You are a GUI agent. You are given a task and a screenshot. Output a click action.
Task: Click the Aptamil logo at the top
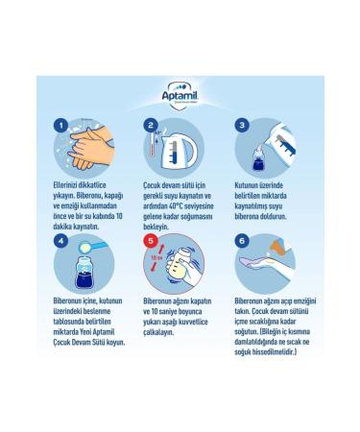(180, 95)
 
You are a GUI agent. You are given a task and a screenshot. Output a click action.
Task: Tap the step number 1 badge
(60, 125)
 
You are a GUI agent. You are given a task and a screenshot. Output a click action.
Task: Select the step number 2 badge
(151, 125)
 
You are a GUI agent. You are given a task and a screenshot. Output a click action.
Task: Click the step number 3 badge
(242, 125)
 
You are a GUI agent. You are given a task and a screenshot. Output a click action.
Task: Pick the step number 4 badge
(60, 241)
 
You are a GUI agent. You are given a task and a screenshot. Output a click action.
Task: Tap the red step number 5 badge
(151, 241)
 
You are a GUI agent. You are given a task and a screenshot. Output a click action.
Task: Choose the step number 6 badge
(242, 241)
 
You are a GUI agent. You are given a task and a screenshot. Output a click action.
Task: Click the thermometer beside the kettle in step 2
(153, 144)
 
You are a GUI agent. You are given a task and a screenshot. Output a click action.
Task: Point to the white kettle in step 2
(179, 151)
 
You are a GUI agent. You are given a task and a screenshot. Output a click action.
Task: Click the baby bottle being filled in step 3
(258, 158)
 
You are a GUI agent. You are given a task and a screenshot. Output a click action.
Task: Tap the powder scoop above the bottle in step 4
(92, 247)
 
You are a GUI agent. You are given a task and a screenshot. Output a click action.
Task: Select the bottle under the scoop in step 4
(84, 272)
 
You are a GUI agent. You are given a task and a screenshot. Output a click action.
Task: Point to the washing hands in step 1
(90, 148)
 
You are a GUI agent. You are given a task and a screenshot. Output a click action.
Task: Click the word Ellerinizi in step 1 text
(65, 185)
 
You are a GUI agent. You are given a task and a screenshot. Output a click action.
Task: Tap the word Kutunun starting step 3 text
(247, 185)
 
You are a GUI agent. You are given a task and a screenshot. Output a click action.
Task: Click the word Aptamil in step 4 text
(103, 332)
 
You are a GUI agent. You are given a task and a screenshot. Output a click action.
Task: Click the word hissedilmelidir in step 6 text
(275, 352)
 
